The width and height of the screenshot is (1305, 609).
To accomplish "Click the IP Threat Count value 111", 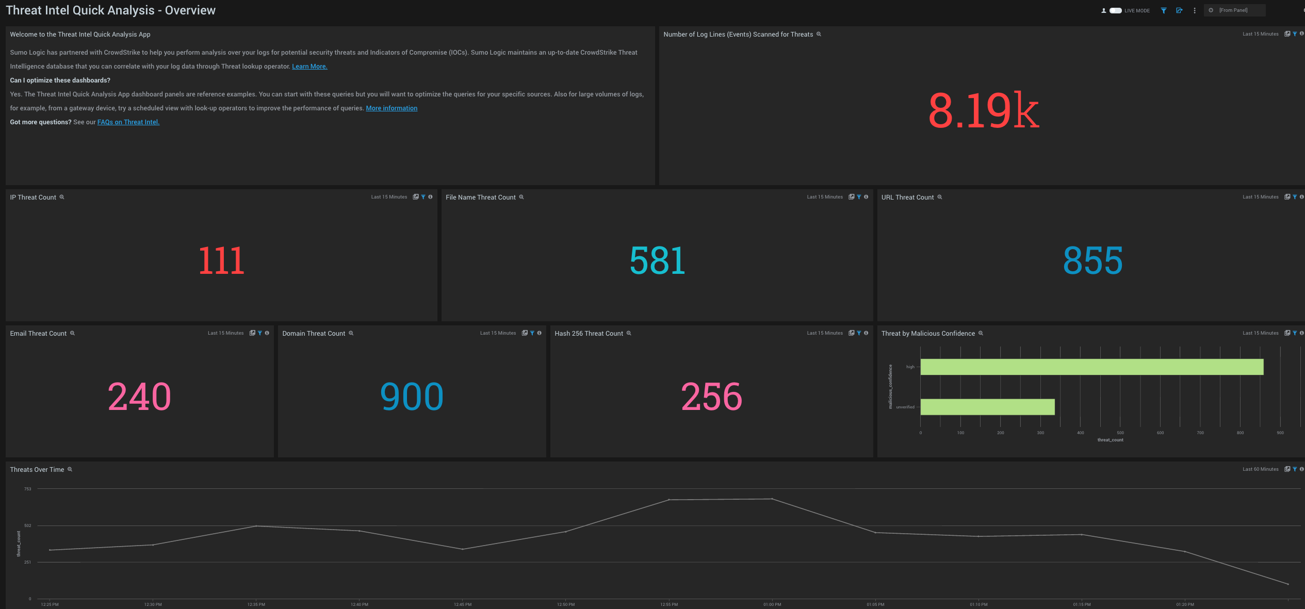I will click(x=221, y=260).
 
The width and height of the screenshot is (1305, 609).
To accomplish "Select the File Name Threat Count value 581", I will click(x=657, y=260).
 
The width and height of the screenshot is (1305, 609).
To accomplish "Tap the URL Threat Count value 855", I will click(x=1092, y=260).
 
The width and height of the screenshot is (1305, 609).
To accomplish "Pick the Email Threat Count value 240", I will click(x=139, y=397).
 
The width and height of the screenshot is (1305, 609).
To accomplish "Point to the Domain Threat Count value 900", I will click(x=412, y=397).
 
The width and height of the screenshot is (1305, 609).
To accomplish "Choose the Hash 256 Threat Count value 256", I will click(x=711, y=397).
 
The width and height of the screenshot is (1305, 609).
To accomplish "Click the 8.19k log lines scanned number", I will click(x=983, y=110).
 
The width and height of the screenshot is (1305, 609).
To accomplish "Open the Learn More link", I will click(x=309, y=67).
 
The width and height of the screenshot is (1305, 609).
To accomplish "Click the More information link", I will click(x=391, y=108).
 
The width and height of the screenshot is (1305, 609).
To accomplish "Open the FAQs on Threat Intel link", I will click(x=128, y=122).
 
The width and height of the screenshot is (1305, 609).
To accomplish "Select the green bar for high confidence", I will click(x=1091, y=367).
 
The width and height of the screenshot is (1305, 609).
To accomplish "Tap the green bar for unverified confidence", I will click(x=987, y=407).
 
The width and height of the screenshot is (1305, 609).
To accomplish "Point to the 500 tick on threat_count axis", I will click(x=1120, y=433).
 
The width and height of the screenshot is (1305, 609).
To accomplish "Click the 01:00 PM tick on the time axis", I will click(x=772, y=604).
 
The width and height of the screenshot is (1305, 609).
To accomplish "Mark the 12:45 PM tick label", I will click(x=463, y=604).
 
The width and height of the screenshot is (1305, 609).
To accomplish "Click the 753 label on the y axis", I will click(x=28, y=489).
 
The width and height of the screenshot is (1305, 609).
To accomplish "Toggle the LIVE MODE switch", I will click(x=1116, y=10).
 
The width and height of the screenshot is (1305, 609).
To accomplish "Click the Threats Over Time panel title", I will click(x=37, y=470).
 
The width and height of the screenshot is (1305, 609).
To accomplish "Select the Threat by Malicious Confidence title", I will click(x=928, y=334).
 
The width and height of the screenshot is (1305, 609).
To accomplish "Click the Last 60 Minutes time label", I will click(x=1260, y=469).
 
